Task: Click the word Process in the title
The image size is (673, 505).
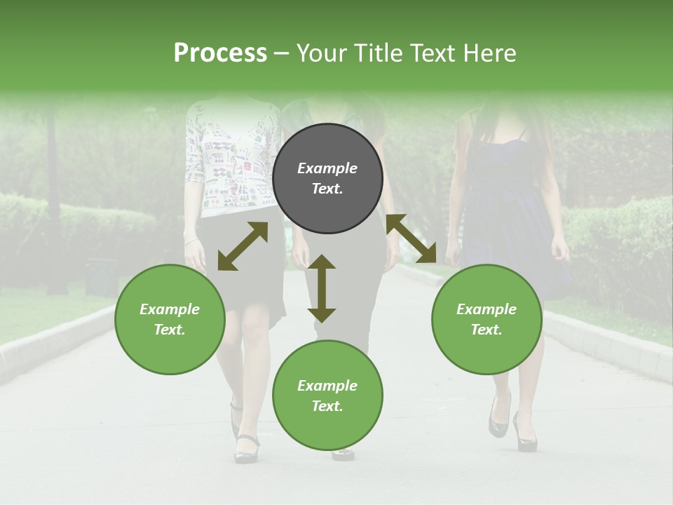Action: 220,53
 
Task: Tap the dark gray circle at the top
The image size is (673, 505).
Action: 327,178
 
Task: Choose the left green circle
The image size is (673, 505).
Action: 170,319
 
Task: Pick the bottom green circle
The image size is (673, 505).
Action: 327,396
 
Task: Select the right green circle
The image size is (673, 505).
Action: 487,319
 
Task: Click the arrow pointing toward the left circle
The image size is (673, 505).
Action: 243,246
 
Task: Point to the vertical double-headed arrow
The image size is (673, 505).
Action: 322,288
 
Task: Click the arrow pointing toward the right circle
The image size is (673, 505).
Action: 411,238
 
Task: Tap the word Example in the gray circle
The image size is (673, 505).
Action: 327,168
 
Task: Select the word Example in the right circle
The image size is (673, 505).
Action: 487,309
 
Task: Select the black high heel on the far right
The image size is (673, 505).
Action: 525,431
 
